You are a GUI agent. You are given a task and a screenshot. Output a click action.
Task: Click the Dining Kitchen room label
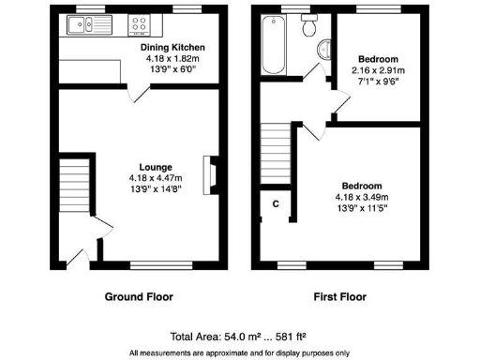(x=172, y=47)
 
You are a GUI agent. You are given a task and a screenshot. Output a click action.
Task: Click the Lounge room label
(x=155, y=168)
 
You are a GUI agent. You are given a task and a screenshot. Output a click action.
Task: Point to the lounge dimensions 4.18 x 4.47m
(x=155, y=178)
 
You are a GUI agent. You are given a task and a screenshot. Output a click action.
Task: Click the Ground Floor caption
(x=138, y=297)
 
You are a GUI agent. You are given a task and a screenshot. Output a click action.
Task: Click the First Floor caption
(x=339, y=297)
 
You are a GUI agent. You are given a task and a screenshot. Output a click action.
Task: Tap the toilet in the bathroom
(x=306, y=28)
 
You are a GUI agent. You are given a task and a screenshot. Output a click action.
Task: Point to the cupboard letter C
(x=276, y=203)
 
